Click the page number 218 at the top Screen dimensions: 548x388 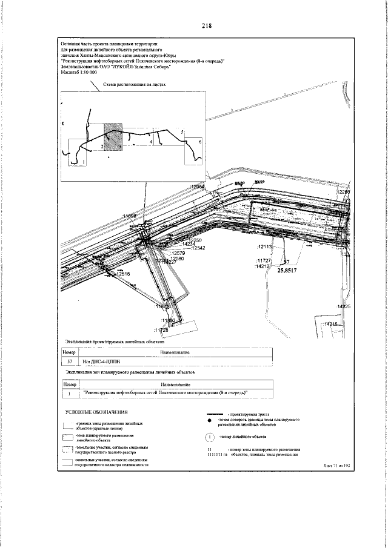(206, 25)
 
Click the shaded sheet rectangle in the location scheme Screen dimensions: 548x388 (113, 137)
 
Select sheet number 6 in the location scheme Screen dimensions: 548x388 (199, 141)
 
